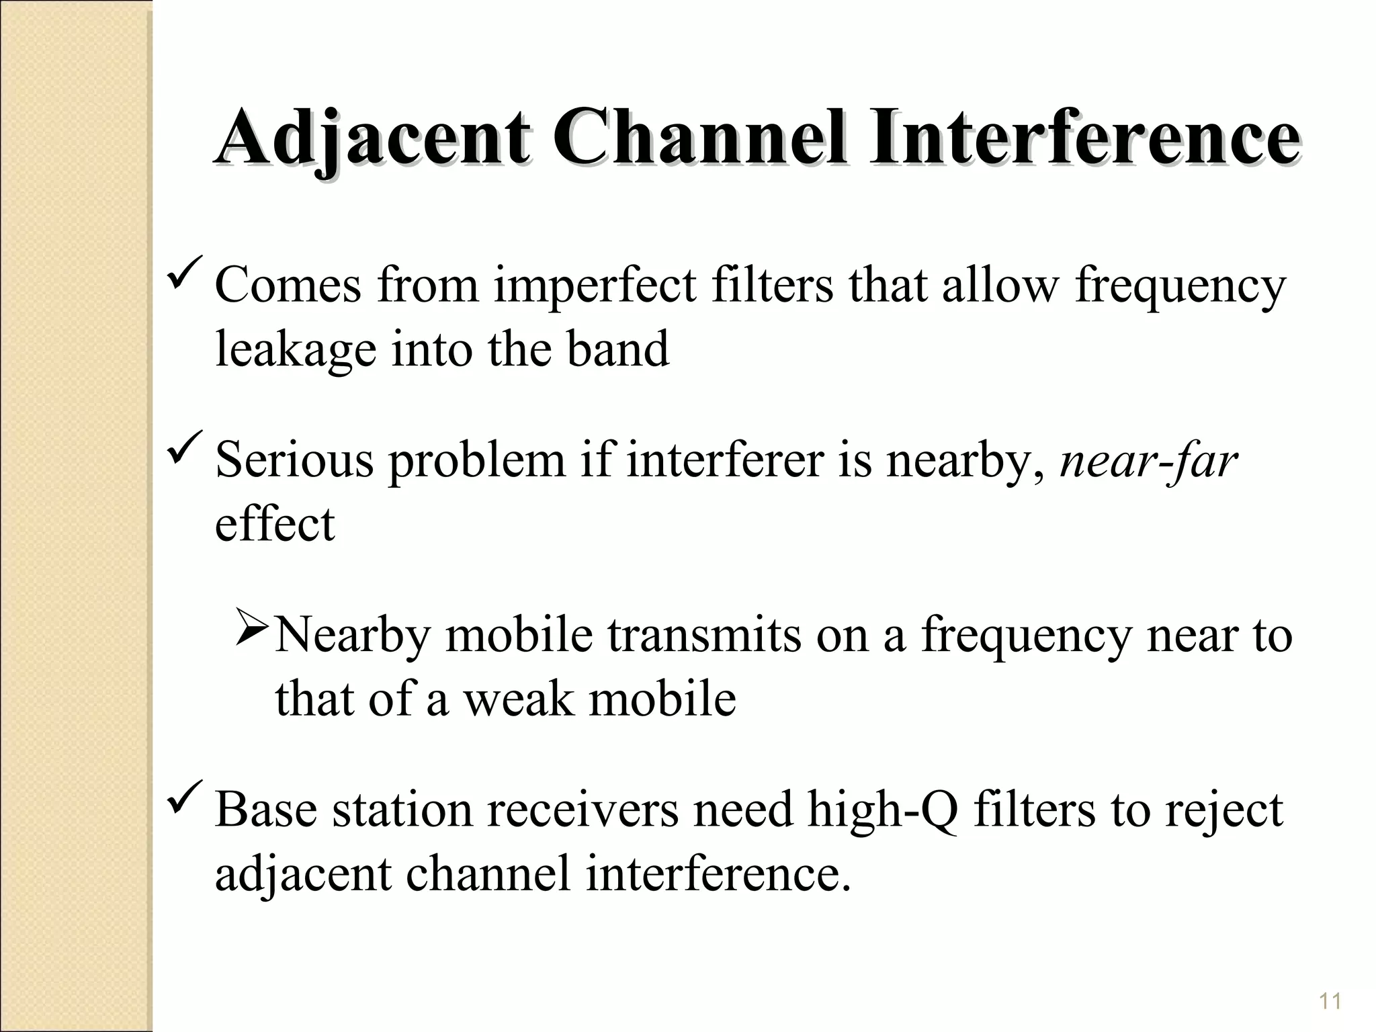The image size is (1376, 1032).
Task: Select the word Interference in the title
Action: coord(1084,138)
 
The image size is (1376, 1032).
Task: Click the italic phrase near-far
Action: coord(1148,462)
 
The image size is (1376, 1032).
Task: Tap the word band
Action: coord(617,349)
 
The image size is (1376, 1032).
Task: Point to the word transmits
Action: coord(704,636)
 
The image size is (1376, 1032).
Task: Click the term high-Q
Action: coord(882,810)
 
